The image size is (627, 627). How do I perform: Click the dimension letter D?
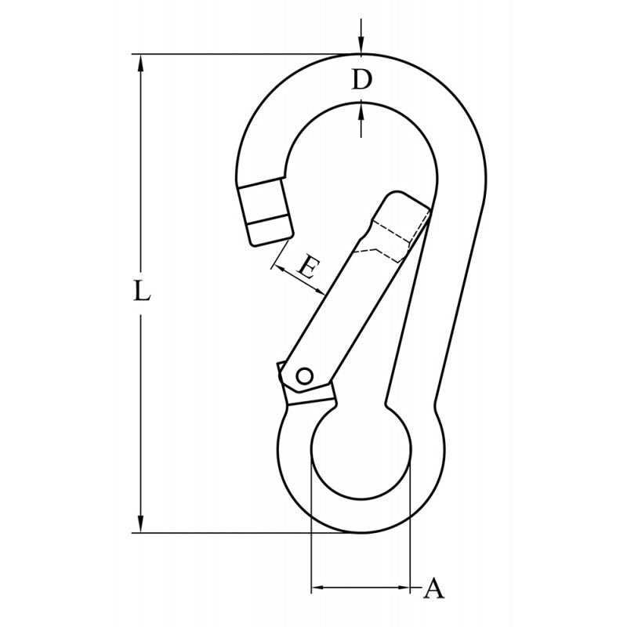pyautogui.click(x=359, y=80)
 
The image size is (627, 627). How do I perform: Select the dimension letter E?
pyautogui.click(x=307, y=270)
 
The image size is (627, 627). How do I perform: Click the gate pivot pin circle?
pyautogui.click(x=306, y=376)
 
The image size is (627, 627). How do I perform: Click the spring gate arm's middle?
pyautogui.click(x=345, y=298)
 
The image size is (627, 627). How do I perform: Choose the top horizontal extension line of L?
pyautogui.click(x=235, y=54)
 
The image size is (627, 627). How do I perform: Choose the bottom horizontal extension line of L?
pyautogui.click(x=235, y=533)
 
